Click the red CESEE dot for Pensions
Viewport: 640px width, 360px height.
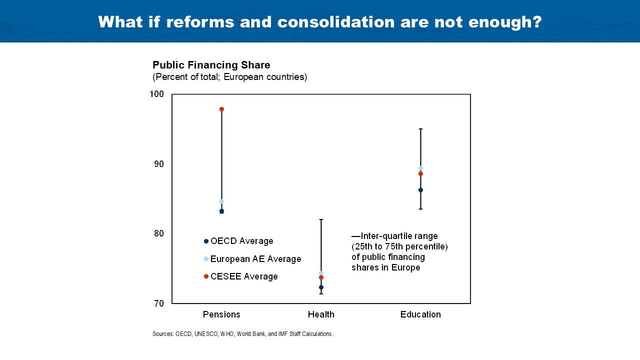tap(221, 109)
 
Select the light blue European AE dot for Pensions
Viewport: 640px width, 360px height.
tap(221, 201)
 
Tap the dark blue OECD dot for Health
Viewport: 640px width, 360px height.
tap(321, 287)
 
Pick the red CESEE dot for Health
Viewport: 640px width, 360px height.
tap(321, 277)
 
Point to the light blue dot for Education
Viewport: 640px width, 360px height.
tap(420, 168)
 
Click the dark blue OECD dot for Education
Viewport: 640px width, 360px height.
tap(420, 190)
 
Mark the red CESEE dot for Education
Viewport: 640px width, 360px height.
tap(420, 174)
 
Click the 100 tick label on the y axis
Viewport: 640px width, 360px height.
tap(157, 94)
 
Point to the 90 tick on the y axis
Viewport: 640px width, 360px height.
tap(159, 164)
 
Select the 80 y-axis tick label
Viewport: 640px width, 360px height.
tap(159, 233)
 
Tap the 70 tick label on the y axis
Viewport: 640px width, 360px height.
tap(159, 303)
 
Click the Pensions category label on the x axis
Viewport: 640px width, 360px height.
tap(221, 314)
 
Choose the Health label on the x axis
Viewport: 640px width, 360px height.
tap(321, 314)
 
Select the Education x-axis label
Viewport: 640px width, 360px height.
tap(420, 314)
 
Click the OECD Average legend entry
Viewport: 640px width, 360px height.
tap(241, 241)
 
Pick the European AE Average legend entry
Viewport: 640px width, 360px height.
tap(255, 259)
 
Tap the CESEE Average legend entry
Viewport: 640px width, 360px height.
tap(243, 276)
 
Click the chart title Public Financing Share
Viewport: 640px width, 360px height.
tap(211, 65)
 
